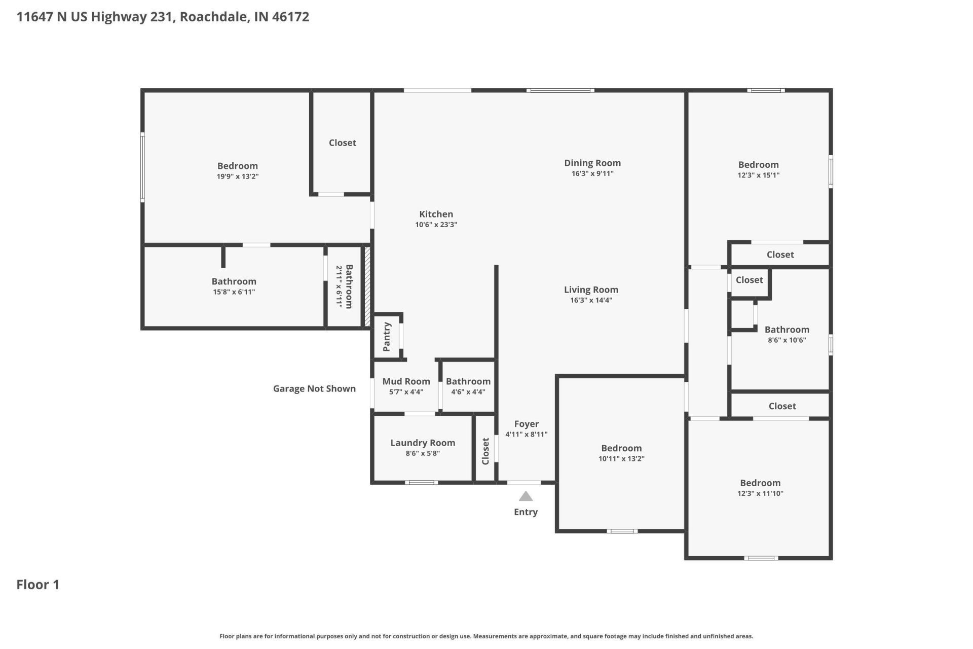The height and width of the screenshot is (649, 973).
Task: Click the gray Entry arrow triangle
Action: click(x=526, y=496)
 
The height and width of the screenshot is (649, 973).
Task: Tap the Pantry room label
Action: click(x=387, y=336)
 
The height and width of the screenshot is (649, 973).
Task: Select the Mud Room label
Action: click(x=406, y=381)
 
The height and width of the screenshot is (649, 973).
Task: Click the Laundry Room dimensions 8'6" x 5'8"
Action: click(x=423, y=453)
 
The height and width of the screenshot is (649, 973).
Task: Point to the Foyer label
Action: click(x=527, y=424)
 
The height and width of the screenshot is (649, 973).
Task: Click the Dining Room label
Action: click(x=592, y=163)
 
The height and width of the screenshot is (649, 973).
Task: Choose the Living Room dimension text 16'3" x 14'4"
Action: click(x=591, y=300)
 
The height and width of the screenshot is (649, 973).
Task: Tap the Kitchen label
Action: click(x=436, y=214)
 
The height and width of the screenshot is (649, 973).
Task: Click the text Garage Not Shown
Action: click(x=314, y=388)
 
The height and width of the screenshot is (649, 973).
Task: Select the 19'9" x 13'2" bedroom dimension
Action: click(x=238, y=176)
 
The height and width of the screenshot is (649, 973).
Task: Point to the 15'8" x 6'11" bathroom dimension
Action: click(x=234, y=292)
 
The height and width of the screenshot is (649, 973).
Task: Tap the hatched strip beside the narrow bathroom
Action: click(x=367, y=286)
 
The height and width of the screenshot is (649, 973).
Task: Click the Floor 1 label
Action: click(x=38, y=585)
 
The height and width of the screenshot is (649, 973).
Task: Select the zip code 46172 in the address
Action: click(x=290, y=17)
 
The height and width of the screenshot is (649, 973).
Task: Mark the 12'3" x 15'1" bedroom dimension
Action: click(x=758, y=175)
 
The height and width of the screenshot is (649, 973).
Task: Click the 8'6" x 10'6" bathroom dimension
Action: click(x=787, y=340)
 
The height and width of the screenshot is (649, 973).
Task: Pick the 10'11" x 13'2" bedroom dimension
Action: click(x=621, y=459)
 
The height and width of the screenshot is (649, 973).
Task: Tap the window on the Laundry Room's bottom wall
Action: click(x=422, y=482)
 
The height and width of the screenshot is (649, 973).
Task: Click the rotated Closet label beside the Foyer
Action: click(x=485, y=451)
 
